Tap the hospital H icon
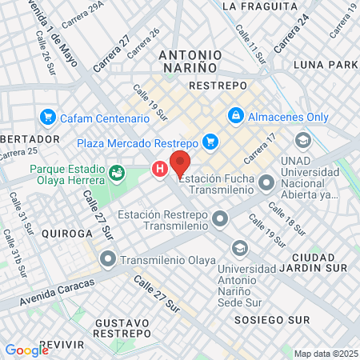[x=160, y=169]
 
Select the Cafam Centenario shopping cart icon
[x=47, y=117]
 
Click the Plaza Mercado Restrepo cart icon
[x=210, y=142]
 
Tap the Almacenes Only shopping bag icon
[x=236, y=116]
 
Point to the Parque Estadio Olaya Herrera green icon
[x=118, y=170]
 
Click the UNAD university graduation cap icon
[x=302, y=141]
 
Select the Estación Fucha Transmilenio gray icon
[x=266, y=185]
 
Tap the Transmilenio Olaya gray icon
[x=108, y=259]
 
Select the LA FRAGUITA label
[x=249, y=6]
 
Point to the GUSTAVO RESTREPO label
[x=122, y=327]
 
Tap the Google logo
[x=26, y=350]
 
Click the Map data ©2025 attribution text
[x=325, y=354]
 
